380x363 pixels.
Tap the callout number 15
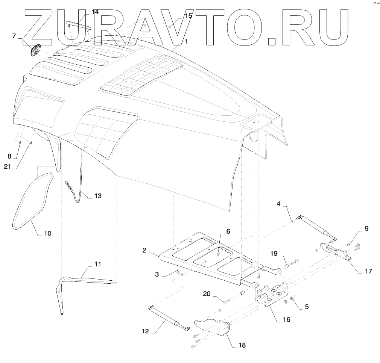[188, 16]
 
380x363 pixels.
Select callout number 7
[14, 36]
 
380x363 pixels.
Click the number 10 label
[47, 233]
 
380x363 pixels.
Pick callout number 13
[97, 196]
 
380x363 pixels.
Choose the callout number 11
[97, 264]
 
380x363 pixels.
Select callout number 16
[286, 319]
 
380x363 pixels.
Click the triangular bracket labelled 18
[212, 327]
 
